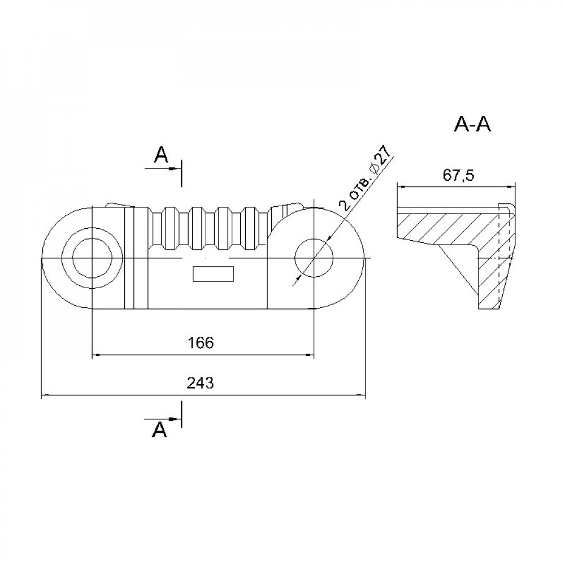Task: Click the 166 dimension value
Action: pos(201,343)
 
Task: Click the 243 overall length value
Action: pos(201,383)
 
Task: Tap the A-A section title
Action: pos(472,125)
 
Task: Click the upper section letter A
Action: pos(161,155)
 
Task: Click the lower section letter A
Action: pos(160,429)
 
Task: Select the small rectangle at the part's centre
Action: pos(214,274)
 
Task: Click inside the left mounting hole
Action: pos(92,258)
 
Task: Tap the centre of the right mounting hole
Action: pos(314,258)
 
